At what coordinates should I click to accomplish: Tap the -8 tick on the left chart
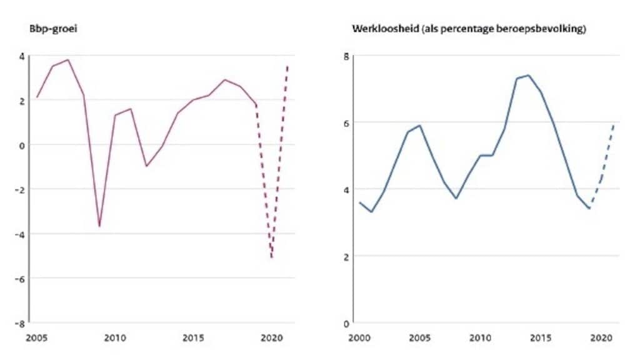tap(21, 323)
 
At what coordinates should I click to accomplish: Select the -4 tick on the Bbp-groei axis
tap(21, 234)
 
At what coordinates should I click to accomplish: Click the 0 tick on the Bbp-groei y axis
tap(22, 144)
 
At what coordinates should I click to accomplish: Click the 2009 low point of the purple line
tap(99, 226)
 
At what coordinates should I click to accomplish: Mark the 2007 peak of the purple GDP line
tap(67, 60)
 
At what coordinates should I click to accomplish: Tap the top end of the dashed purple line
tap(287, 66)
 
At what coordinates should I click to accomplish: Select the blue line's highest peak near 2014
tap(528, 76)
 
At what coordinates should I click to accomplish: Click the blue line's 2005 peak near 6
tap(418, 126)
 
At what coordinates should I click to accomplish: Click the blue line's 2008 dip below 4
tap(456, 199)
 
